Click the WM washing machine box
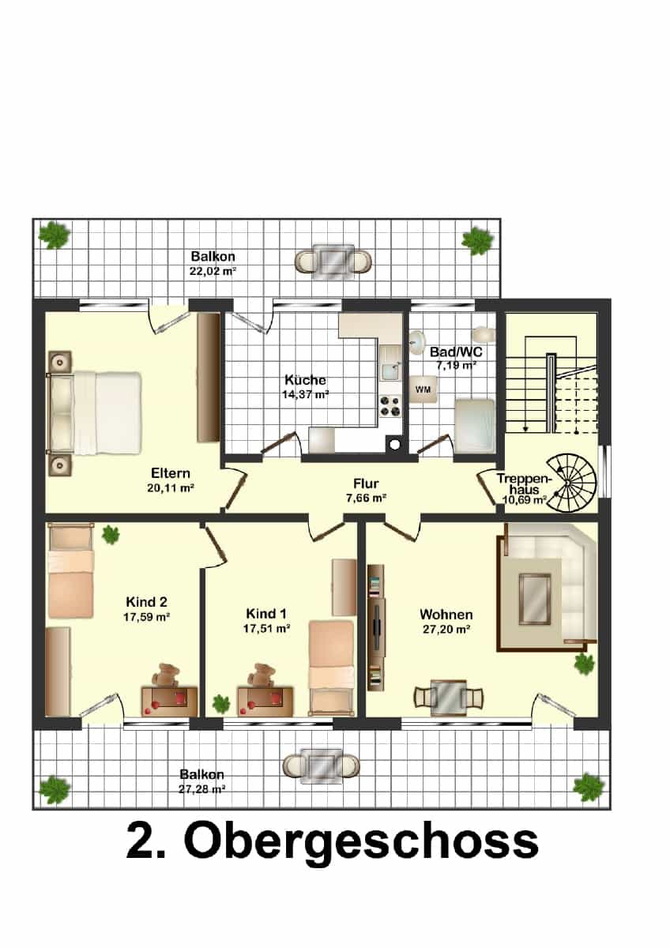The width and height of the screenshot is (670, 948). coord(423,389)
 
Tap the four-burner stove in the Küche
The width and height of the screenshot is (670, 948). coord(390,406)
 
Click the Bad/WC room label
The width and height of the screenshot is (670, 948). coord(456,352)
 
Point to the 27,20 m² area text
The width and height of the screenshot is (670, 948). coord(446,630)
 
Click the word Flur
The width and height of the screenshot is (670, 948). coord(366,483)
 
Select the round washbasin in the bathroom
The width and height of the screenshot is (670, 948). coord(418,340)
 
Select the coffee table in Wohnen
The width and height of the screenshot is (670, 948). coord(535,598)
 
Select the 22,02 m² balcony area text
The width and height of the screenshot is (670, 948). coord(213,271)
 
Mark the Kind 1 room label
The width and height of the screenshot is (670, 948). coord(266,613)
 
